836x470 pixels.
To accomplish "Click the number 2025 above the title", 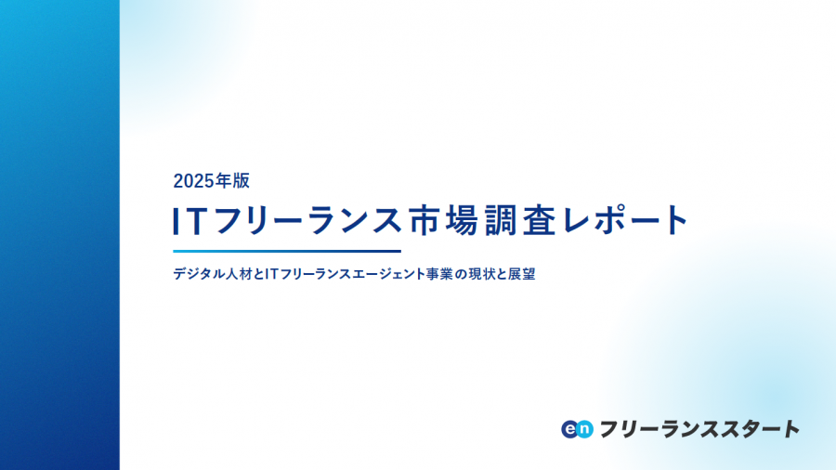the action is (193, 181).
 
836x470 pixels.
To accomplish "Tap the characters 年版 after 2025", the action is (232, 181).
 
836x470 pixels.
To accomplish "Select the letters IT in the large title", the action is (189, 221).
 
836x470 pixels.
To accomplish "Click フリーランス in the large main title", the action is (307, 221).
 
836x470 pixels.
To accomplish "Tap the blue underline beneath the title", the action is (287, 251).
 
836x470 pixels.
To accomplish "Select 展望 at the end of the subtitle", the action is (522, 274).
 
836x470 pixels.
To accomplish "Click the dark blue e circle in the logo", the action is (570, 429).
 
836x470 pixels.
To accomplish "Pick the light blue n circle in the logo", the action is (585, 429).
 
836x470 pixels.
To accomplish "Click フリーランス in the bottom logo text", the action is (658, 429).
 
